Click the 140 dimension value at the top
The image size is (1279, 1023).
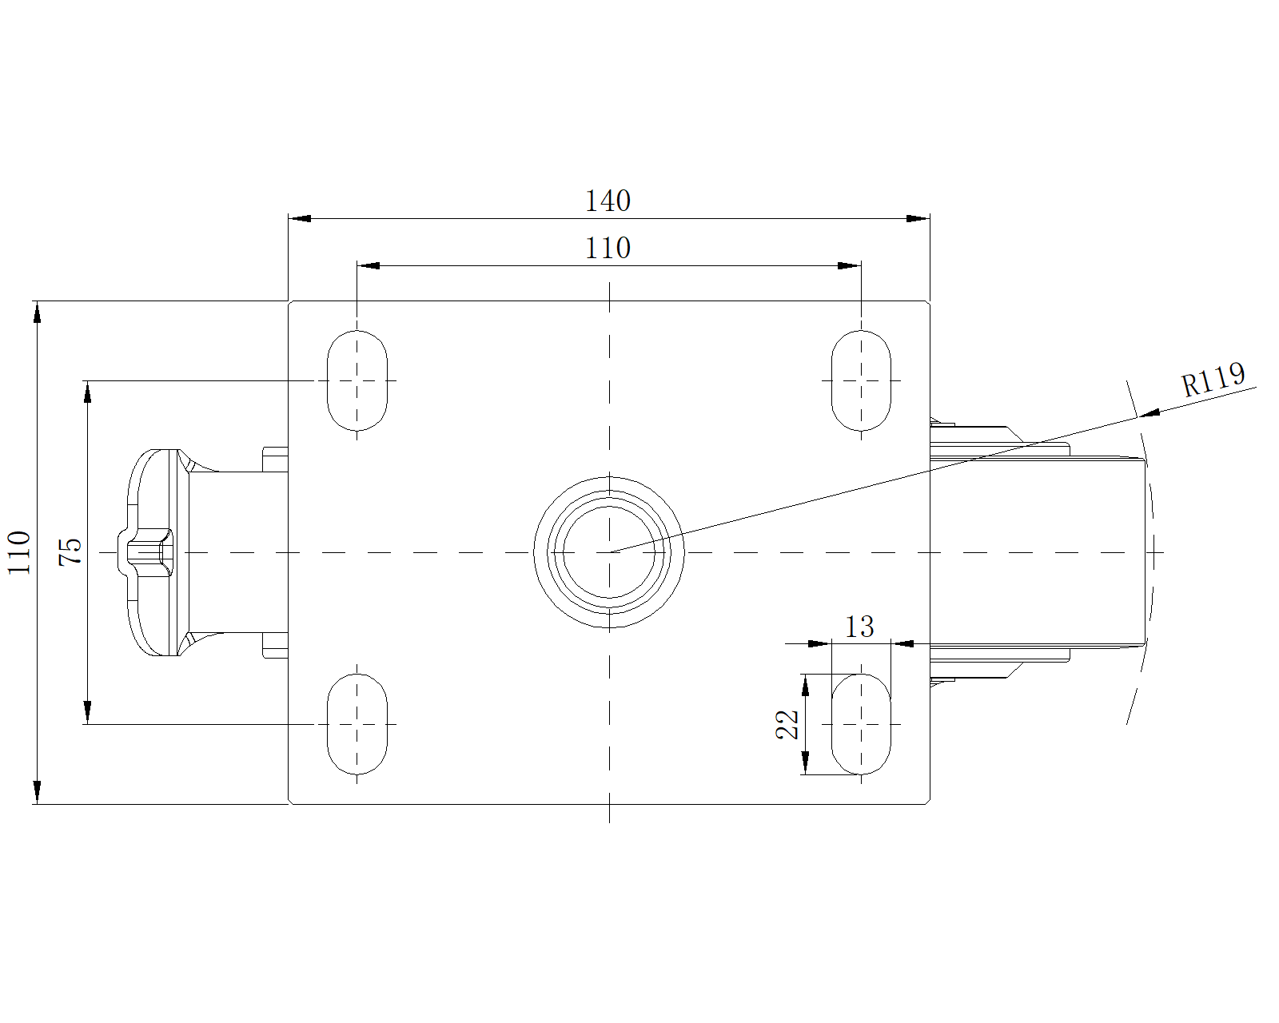(608, 201)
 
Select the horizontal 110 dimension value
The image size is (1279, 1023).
(608, 248)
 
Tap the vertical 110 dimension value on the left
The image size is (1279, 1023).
(19, 553)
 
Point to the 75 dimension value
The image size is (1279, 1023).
(70, 551)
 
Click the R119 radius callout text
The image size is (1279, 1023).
(1213, 380)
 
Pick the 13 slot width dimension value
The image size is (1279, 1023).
(859, 627)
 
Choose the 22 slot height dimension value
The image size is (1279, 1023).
(787, 724)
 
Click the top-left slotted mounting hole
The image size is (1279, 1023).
(357, 380)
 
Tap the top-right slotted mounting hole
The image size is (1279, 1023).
(861, 380)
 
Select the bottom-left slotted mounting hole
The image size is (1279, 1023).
(357, 724)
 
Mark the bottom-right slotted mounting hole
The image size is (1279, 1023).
(861, 724)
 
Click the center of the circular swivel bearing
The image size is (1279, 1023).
(609, 552)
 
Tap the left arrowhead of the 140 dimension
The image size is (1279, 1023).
(300, 219)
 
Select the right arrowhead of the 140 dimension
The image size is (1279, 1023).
(918, 219)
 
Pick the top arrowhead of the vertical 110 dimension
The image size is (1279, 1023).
(37, 312)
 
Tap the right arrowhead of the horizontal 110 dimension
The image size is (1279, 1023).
(849, 265)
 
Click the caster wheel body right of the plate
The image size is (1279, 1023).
(1037, 552)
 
